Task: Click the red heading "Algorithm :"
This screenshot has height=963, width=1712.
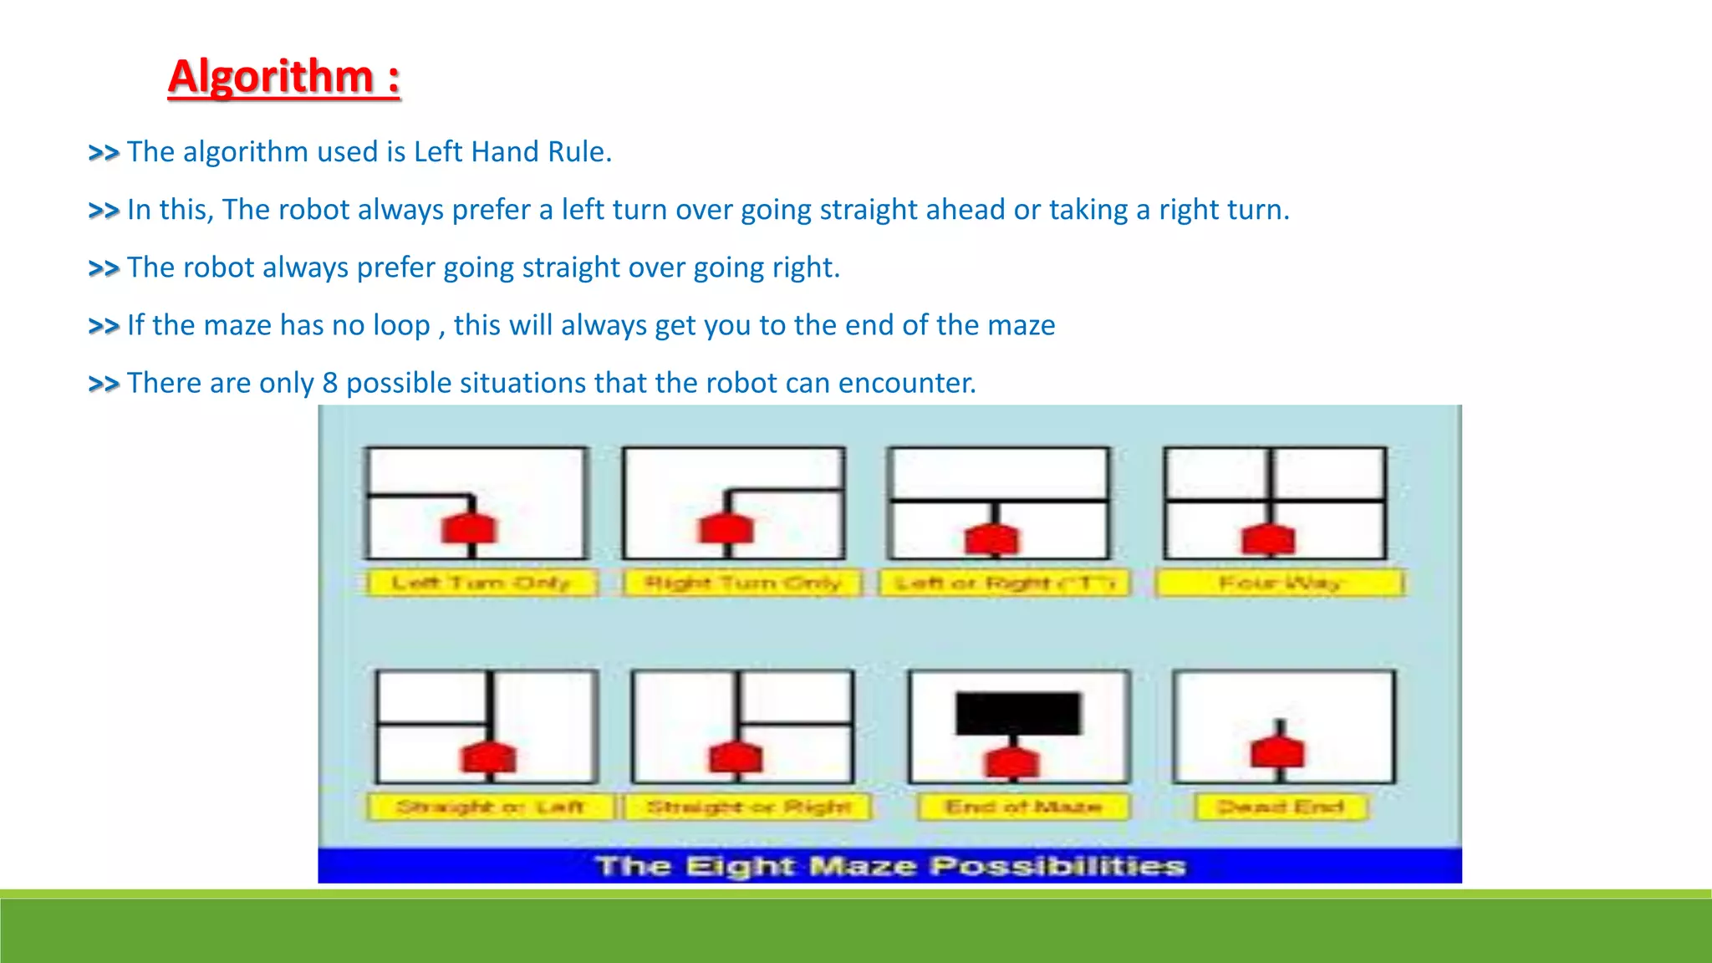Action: click(x=284, y=77)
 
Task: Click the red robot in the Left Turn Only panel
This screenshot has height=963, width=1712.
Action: click(x=469, y=529)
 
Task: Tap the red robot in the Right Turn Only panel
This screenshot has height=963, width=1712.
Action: click(x=726, y=529)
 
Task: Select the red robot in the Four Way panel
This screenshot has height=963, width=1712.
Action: click(x=1269, y=539)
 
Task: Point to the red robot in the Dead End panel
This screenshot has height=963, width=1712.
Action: click(x=1277, y=752)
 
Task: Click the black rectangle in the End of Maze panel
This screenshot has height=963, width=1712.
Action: click(x=1018, y=713)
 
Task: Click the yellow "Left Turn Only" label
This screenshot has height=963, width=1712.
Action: click(x=481, y=583)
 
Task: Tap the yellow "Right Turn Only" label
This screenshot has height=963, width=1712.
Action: click(x=742, y=583)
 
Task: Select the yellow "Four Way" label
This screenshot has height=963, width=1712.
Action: click(x=1280, y=583)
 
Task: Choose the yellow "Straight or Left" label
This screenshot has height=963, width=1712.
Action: click(x=490, y=807)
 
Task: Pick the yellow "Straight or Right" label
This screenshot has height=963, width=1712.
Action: click(x=749, y=807)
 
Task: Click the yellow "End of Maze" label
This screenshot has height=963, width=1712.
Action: click(x=1023, y=807)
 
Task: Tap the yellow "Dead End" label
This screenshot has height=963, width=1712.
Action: click(x=1280, y=807)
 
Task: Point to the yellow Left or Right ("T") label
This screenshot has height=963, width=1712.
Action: click(x=1005, y=583)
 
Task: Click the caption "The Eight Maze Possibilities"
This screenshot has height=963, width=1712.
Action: click(x=890, y=866)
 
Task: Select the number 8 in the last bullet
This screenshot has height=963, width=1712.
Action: click(x=330, y=383)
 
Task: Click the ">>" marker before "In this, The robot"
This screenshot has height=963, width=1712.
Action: click(x=104, y=210)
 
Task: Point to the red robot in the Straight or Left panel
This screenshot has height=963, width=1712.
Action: click(x=488, y=757)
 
